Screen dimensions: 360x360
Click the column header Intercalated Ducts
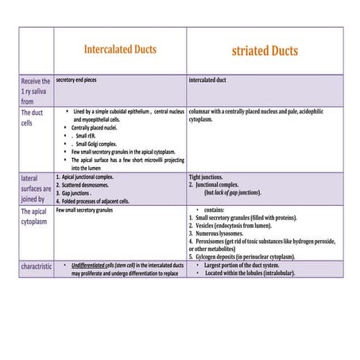(120, 49)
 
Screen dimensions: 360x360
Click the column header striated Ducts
(265, 51)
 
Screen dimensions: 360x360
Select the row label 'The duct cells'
(34, 118)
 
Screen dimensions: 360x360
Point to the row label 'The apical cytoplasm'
(34, 217)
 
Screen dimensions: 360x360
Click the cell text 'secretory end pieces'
(83, 80)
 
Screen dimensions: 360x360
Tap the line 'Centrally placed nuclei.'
(95, 127)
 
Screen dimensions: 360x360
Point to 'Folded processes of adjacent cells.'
(99, 201)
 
